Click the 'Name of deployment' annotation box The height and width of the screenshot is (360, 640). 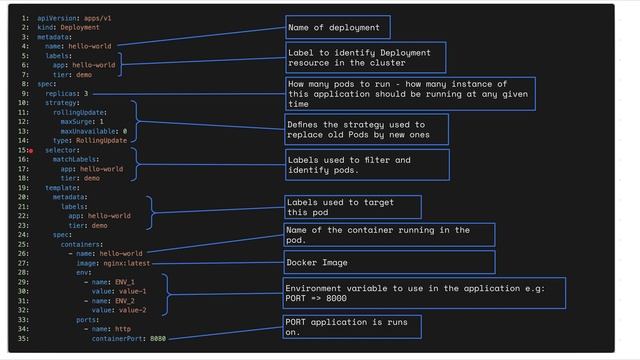point(337,27)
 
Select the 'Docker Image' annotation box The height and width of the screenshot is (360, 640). point(389,262)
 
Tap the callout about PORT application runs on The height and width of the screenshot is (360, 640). point(351,327)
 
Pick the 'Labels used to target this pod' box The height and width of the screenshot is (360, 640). point(352,207)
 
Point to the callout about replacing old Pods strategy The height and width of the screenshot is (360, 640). point(366,129)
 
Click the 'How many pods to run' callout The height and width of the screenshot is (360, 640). point(409,93)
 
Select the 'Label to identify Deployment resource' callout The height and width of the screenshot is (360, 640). point(364,57)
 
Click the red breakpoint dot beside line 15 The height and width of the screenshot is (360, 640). point(31,150)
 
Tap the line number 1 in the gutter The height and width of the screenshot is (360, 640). point(23,18)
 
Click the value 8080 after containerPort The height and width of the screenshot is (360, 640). point(158,338)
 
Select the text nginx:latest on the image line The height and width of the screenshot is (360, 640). point(127,263)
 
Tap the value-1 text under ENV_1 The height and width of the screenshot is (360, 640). point(132,291)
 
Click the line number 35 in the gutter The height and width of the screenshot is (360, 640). point(23,338)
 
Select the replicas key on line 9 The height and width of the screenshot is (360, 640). point(64,93)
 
